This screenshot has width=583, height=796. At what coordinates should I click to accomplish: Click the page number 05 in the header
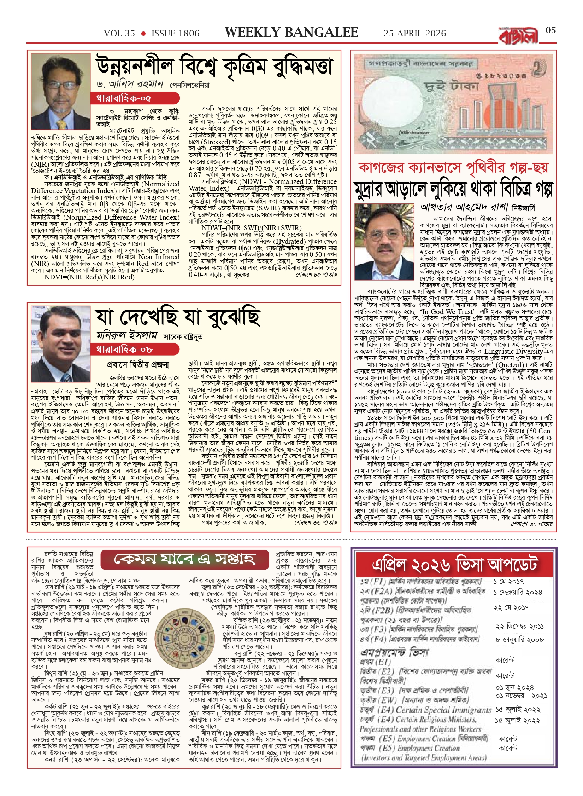click(x=550, y=30)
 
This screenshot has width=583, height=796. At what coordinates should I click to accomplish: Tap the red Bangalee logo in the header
click(x=519, y=36)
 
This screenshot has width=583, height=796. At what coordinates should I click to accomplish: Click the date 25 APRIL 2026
click(x=414, y=34)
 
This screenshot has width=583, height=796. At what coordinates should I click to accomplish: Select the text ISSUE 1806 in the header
click(x=175, y=34)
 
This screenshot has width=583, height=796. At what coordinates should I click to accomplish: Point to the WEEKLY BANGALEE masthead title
click(x=291, y=33)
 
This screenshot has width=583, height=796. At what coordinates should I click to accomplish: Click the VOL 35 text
click(x=119, y=34)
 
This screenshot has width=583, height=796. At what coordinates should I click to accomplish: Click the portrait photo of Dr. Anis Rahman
click(x=61, y=91)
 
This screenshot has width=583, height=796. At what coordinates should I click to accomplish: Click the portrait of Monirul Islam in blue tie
click(x=61, y=343)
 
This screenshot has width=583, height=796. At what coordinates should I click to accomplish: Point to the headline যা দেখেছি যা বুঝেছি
click(x=178, y=318)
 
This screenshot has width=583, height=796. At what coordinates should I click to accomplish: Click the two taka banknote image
click(x=453, y=104)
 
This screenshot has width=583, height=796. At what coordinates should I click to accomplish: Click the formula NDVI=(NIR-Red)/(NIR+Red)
click(x=89, y=277)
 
